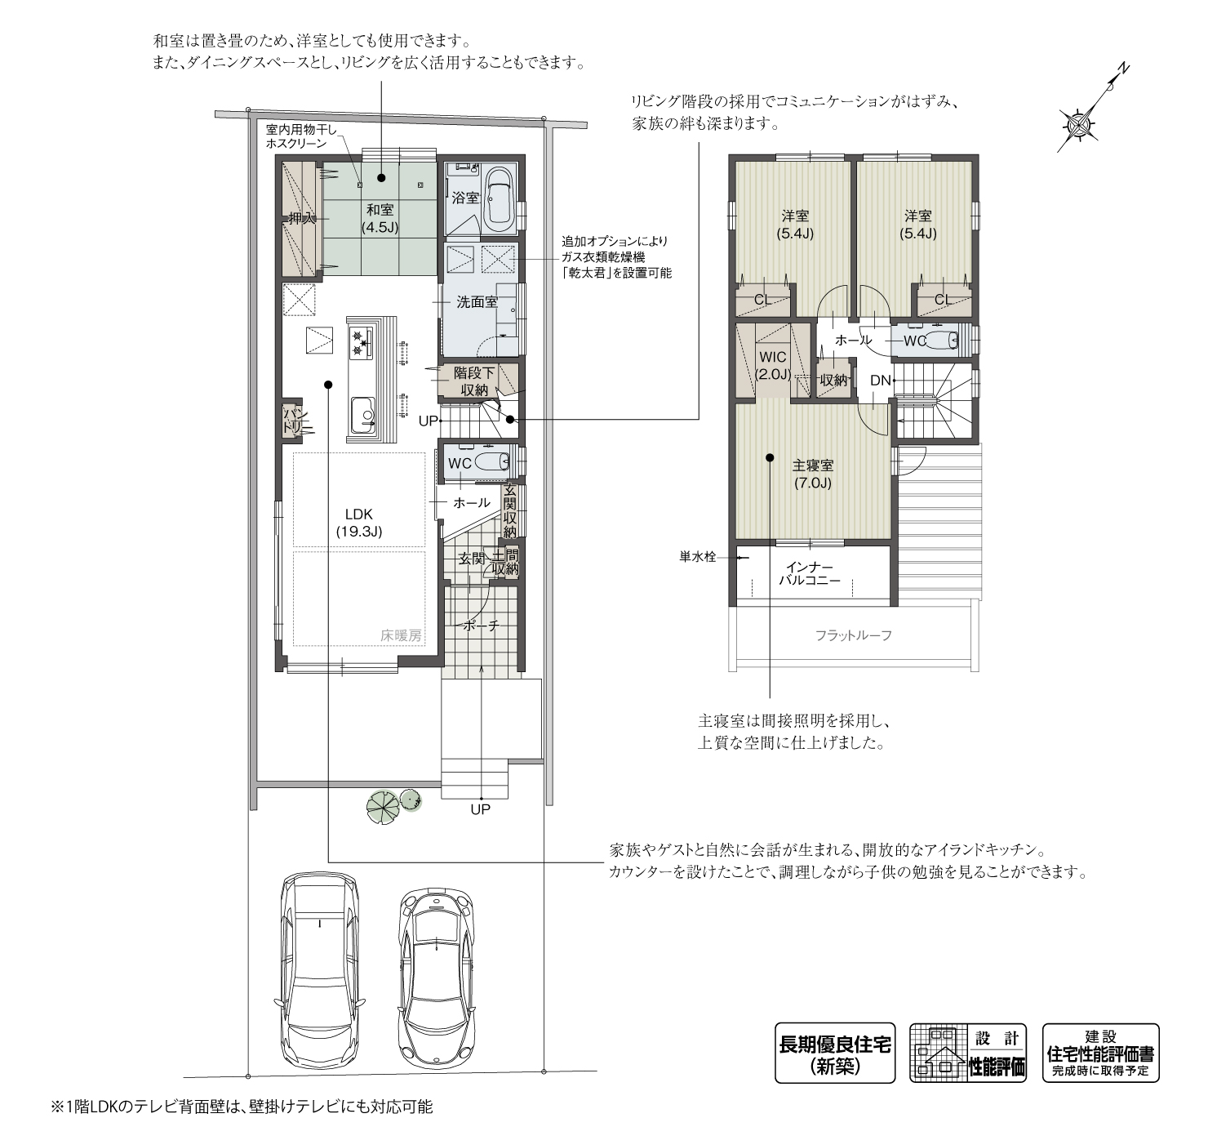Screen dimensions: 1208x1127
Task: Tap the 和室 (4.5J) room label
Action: pos(380,219)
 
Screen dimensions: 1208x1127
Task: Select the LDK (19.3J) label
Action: pos(359,523)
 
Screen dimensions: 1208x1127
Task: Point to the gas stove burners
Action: pos(360,342)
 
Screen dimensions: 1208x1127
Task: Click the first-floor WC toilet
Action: pos(491,462)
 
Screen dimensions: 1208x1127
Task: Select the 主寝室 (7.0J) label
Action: pos(812,474)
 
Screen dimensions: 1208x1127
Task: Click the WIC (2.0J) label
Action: pos(773,365)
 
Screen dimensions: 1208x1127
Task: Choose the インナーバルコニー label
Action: pos(810,574)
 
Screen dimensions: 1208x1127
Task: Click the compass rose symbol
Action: pos(1081,126)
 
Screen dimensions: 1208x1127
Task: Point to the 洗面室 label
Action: pos(477,302)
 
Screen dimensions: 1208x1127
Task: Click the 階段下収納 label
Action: pos(474,381)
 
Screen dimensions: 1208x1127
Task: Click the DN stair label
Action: pos(880,381)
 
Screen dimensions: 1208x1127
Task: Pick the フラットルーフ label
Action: pos(854,635)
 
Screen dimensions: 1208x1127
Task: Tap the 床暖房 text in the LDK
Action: pos(401,635)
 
